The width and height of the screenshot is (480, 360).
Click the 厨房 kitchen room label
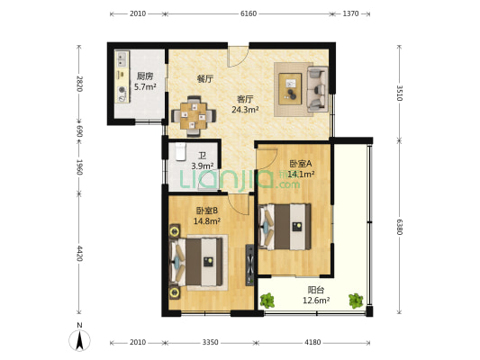pyautogui.click(x=145, y=76)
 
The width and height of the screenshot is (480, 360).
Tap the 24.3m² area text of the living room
pyautogui.click(x=245, y=110)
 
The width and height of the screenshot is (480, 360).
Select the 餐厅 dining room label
pyautogui.click(x=204, y=79)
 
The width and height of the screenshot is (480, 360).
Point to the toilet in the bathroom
pyautogui.click(x=181, y=151)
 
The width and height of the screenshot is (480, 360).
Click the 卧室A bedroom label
pyautogui.click(x=300, y=164)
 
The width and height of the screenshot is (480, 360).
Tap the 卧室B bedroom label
pyautogui.click(x=207, y=211)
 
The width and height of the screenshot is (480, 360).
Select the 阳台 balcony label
pyautogui.click(x=316, y=290)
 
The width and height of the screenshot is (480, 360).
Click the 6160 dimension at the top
pyautogui.click(x=249, y=13)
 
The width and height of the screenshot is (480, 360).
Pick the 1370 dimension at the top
pyautogui.click(x=350, y=13)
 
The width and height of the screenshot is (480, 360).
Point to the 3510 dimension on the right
pyautogui.click(x=400, y=93)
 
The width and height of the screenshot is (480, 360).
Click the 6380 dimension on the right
pyautogui.click(x=400, y=227)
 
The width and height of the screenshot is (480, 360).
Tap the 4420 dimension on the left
pyautogui.click(x=79, y=253)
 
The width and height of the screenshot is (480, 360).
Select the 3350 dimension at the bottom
pyautogui.click(x=211, y=342)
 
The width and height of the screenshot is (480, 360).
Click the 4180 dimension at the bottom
pyautogui.click(x=312, y=342)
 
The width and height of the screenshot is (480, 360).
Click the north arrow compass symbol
pyautogui.click(x=79, y=340)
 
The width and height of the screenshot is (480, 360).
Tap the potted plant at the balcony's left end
pyautogui.click(x=267, y=301)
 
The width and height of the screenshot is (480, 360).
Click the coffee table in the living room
pyautogui.click(x=290, y=89)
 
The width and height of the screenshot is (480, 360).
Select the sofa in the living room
pyautogui.click(x=318, y=89)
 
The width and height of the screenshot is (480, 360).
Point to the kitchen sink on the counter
pyautogui.click(x=122, y=59)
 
